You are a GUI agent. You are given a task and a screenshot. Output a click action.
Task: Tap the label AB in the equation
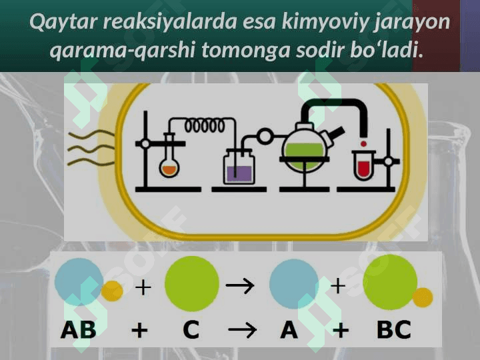coord(79,329)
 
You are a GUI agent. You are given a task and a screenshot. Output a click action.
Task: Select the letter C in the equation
coord(191,329)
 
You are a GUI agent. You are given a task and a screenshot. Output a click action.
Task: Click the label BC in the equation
coord(393,329)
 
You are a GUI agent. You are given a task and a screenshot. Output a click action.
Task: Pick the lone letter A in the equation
coord(289,329)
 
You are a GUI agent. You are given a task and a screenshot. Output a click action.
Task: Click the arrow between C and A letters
coord(241,330)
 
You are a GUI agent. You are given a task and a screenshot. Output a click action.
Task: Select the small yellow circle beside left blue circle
coord(112,291)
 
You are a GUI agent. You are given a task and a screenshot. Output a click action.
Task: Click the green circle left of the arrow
coord(191,283)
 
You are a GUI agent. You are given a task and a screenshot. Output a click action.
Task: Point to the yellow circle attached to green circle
coord(422,297)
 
